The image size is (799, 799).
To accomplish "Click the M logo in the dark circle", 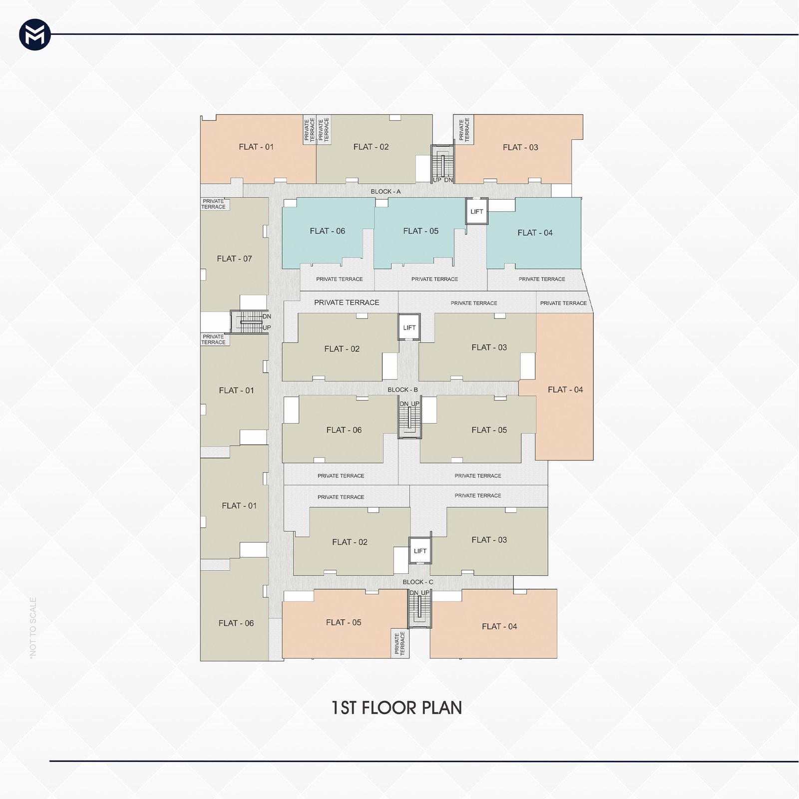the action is click(35, 35).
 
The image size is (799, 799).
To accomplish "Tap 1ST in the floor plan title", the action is click(344, 708).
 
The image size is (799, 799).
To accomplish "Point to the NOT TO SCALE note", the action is click(33, 627).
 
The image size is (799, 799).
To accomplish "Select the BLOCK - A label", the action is click(386, 192).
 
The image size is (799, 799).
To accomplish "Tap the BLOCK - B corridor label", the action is click(402, 390).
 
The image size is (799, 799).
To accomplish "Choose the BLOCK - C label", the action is click(418, 582).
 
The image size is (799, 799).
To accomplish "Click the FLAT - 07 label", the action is click(234, 259).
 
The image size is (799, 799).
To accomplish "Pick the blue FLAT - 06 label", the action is click(327, 231).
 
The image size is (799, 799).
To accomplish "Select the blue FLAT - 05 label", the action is click(420, 231).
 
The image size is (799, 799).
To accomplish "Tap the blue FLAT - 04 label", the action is click(535, 233).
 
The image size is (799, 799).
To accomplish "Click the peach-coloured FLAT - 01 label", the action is click(256, 147).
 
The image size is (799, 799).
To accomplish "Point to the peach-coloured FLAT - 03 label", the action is click(520, 147).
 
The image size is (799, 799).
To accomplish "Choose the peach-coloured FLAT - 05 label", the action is click(344, 623).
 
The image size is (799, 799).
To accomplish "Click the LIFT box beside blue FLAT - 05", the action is click(477, 211).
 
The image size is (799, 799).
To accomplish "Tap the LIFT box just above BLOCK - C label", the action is click(420, 551).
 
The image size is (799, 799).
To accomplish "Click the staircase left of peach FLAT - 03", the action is click(442, 164).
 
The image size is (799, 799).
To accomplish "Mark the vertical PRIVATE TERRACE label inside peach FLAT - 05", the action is click(399, 643).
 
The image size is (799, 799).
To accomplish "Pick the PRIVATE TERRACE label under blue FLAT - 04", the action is click(542, 279).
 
